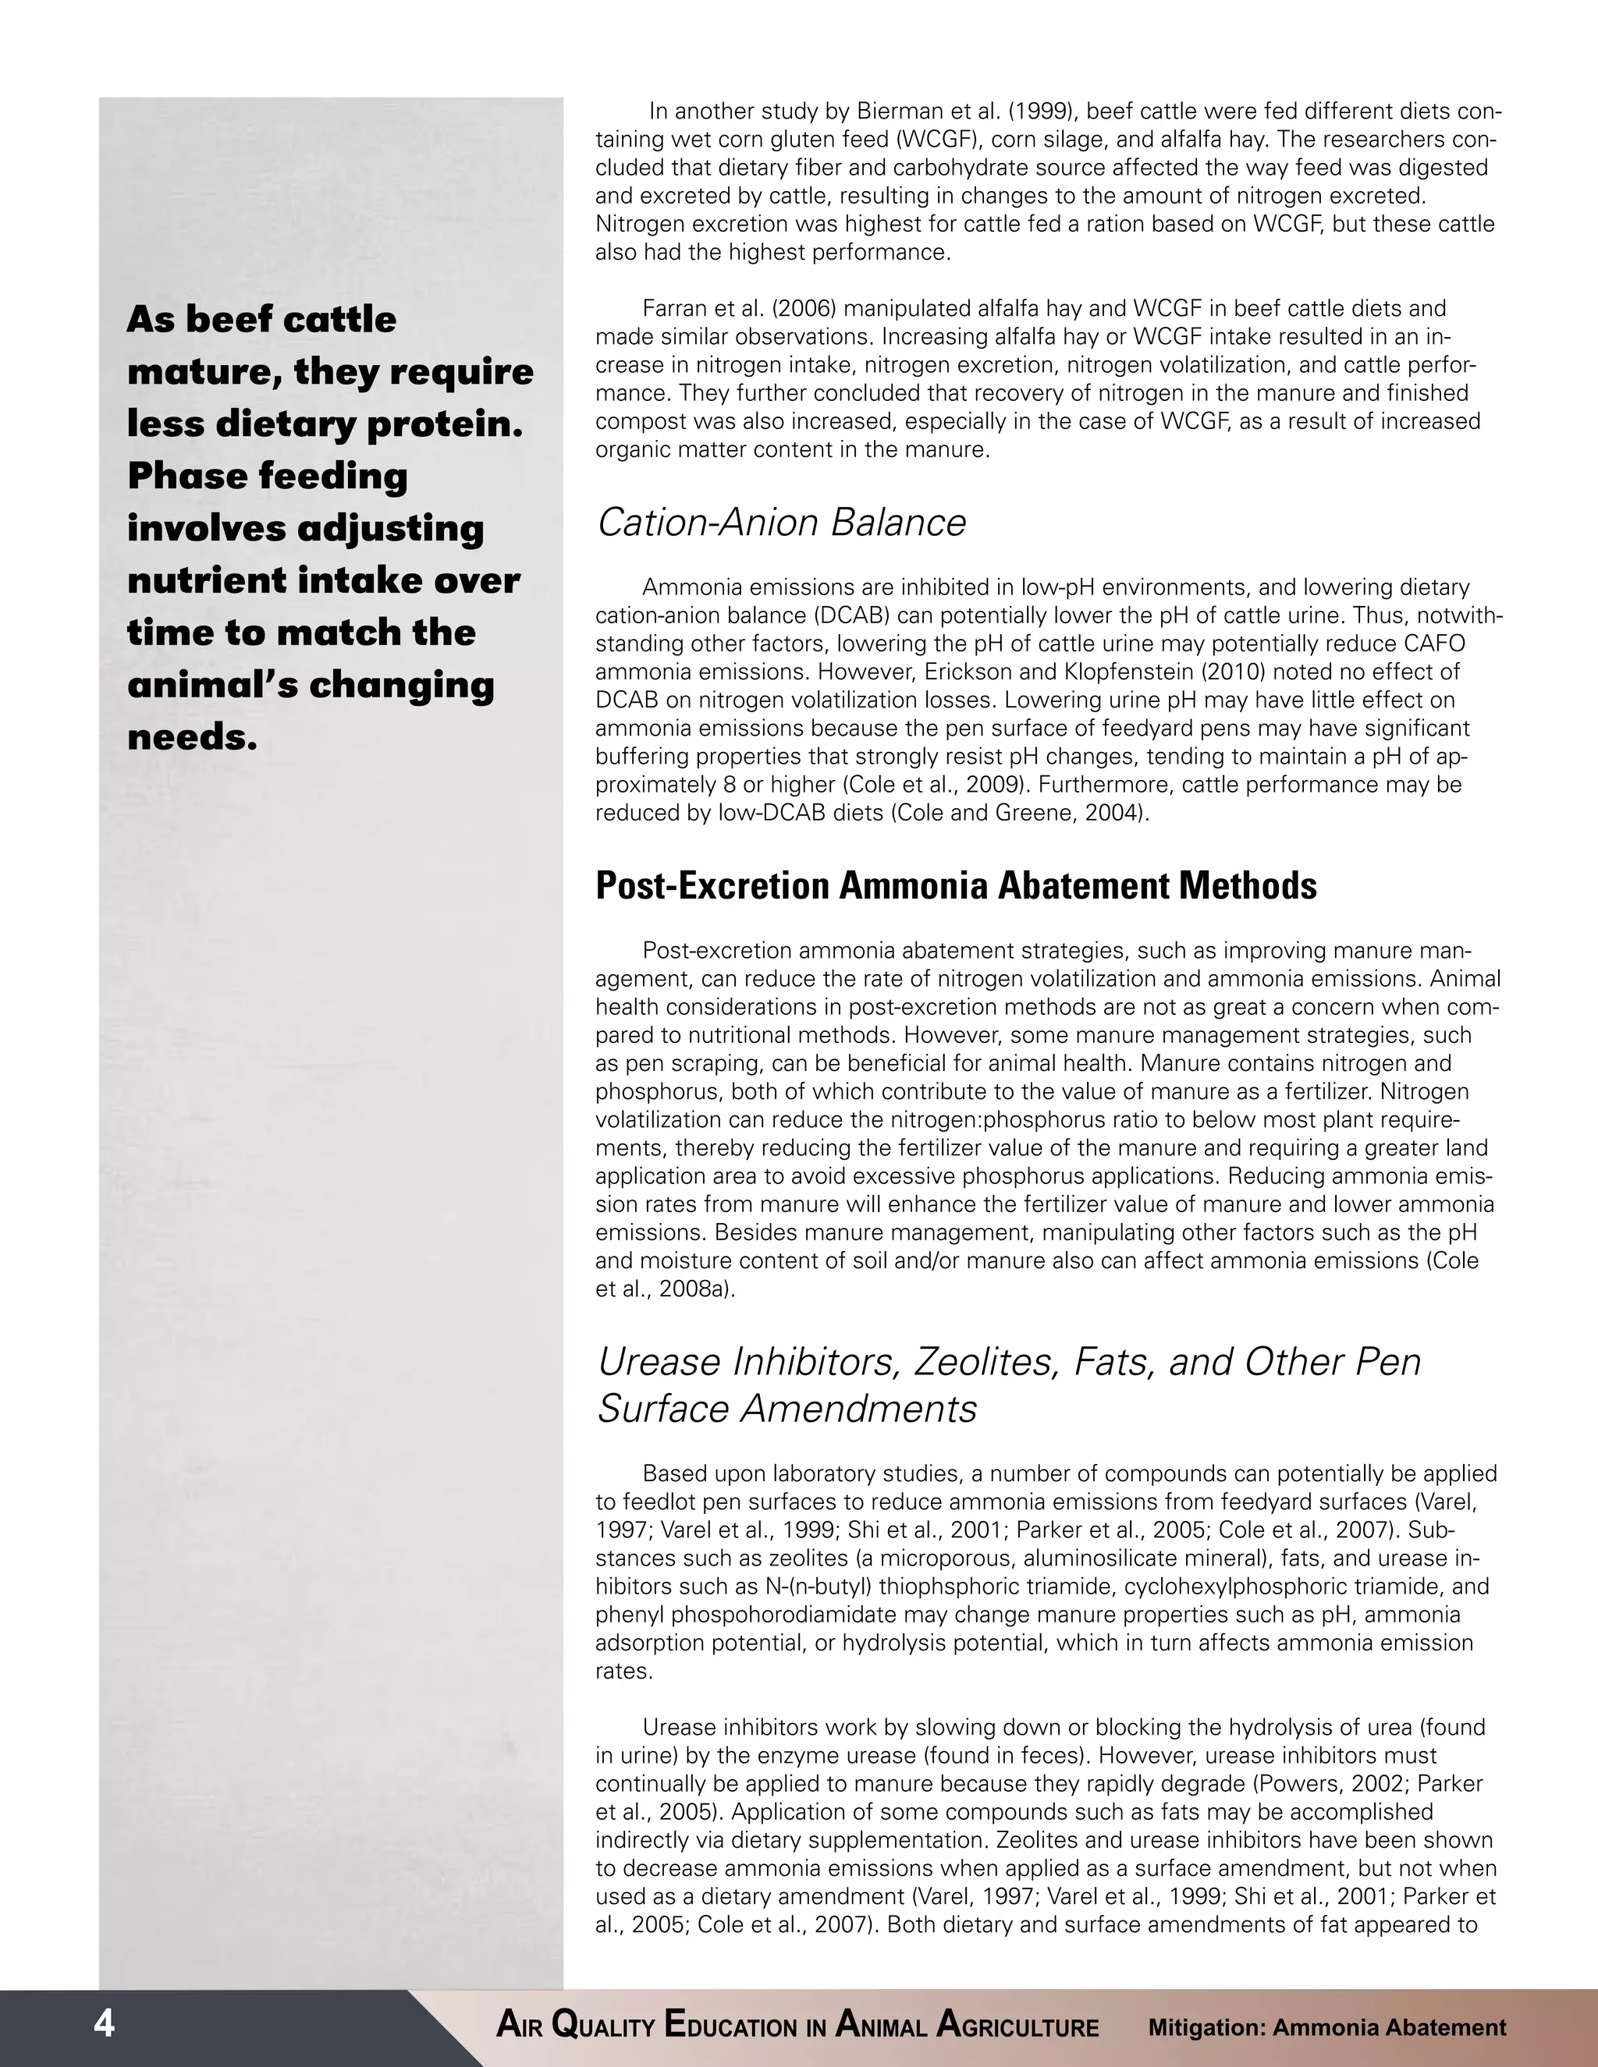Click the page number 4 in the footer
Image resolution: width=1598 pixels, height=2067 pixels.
point(104,2023)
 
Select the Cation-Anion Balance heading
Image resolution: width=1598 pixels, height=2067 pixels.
point(781,523)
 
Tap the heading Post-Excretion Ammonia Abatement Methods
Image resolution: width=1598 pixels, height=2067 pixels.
point(955,886)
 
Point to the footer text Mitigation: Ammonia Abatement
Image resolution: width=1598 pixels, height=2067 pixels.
point(1326,2027)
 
